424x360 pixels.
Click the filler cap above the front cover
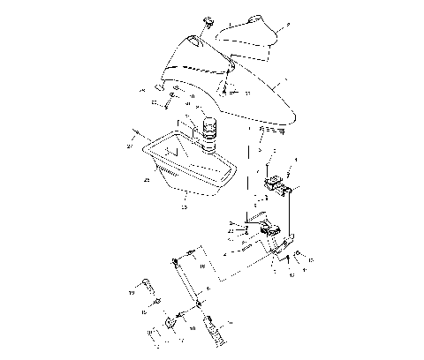[209, 21]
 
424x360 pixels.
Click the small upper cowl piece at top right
[247, 34]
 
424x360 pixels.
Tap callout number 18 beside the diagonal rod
[202, 266]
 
